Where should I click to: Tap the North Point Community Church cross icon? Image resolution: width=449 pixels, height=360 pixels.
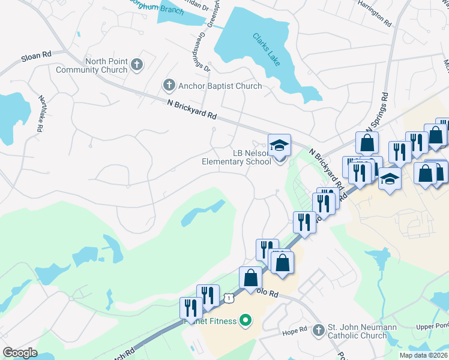click(137, 63)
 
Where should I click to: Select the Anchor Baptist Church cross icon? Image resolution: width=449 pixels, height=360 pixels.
click(169, 86)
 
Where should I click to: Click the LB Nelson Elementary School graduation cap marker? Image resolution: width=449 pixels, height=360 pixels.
click(279, 145)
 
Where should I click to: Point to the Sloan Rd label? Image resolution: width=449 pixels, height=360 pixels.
click(36, 56)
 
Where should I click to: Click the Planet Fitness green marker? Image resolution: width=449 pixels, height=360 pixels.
click(245, 321)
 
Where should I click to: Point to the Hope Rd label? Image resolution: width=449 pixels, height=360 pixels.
click(295, 330)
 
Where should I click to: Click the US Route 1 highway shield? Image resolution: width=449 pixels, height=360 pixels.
click(228, 297)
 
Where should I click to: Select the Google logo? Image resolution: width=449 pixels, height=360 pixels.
click(20, 353)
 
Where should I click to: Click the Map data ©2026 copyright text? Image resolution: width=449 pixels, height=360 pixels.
click(423, 355)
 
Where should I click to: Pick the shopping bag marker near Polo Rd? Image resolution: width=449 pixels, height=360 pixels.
click(251, 278)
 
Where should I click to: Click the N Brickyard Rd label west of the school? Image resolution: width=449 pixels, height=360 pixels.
click(191, 110)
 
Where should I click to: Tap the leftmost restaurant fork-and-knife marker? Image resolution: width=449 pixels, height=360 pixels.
click(191, 308)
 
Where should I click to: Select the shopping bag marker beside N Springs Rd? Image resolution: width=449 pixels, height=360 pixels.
click(367, 143)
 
